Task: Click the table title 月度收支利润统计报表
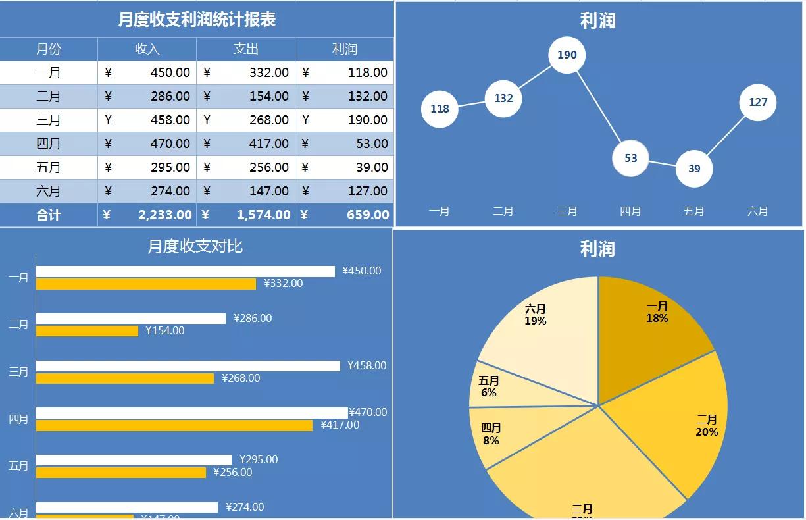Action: pos(197,20)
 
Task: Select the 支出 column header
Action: pos(245,49)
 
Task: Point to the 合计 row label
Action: pos(49,215)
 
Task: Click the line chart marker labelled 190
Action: pos(567,55)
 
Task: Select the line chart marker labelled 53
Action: pos(630,158)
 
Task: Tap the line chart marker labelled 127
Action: pos(758,102)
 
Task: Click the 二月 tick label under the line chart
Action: pos(503,211)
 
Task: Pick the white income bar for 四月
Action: pos(191,413)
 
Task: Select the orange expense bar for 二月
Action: pos(87,330)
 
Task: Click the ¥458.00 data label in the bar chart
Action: pos(367,365)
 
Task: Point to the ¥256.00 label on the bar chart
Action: pos(233,472)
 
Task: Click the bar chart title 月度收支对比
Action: pos(195,246)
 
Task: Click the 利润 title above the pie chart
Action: pos(597,249)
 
